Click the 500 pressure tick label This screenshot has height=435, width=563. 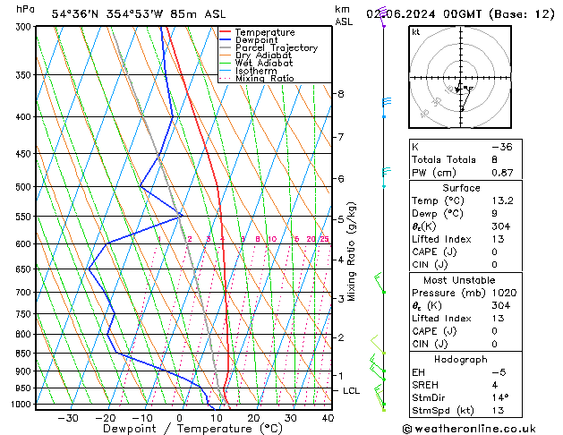22,187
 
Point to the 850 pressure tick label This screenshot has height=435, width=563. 22,354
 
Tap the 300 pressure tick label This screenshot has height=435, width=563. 22,27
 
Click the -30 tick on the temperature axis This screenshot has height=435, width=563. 68,417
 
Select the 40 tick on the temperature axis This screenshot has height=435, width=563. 328,417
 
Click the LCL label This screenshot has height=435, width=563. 352,391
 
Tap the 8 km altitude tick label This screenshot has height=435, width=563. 340,94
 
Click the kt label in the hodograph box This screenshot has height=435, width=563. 416,32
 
